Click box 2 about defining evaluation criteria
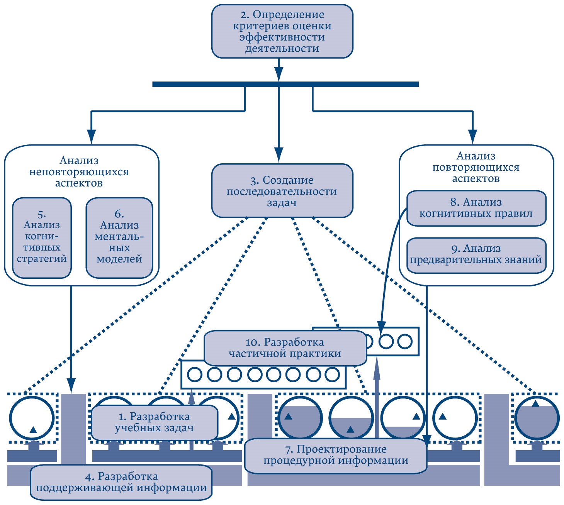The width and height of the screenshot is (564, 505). tap(282, 32)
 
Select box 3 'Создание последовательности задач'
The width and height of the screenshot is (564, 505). tap(282, 191)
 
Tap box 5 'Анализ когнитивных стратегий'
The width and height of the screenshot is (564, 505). tap(42, 238)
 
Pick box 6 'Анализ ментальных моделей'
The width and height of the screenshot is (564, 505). tap(119, 238)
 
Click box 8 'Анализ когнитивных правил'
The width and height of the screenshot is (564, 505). tap(476, 208)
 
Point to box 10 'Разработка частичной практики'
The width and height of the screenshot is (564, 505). tap(285, 348)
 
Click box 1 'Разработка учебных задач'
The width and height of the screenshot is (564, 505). tap(154, 422)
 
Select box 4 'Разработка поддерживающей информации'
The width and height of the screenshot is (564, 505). tap(121, 482)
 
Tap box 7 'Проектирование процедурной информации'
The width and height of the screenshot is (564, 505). tap(335, 455)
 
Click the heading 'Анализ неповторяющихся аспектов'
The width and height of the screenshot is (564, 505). tap(79, 172)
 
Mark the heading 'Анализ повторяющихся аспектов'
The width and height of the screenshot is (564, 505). tap(476, 167)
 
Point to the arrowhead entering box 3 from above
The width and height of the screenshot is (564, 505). tap(279, 154)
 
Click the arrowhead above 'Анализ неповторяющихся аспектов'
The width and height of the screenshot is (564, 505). tap(91, 136)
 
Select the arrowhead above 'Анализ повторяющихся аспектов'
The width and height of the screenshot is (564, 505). tap(472, 136)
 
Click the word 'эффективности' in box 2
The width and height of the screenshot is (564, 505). tap(282, 37)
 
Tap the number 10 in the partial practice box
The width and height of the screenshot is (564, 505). tap(251, 342)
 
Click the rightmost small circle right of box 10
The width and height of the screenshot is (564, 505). tap(405, 341)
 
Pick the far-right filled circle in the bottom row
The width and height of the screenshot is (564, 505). tap(537, 418)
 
